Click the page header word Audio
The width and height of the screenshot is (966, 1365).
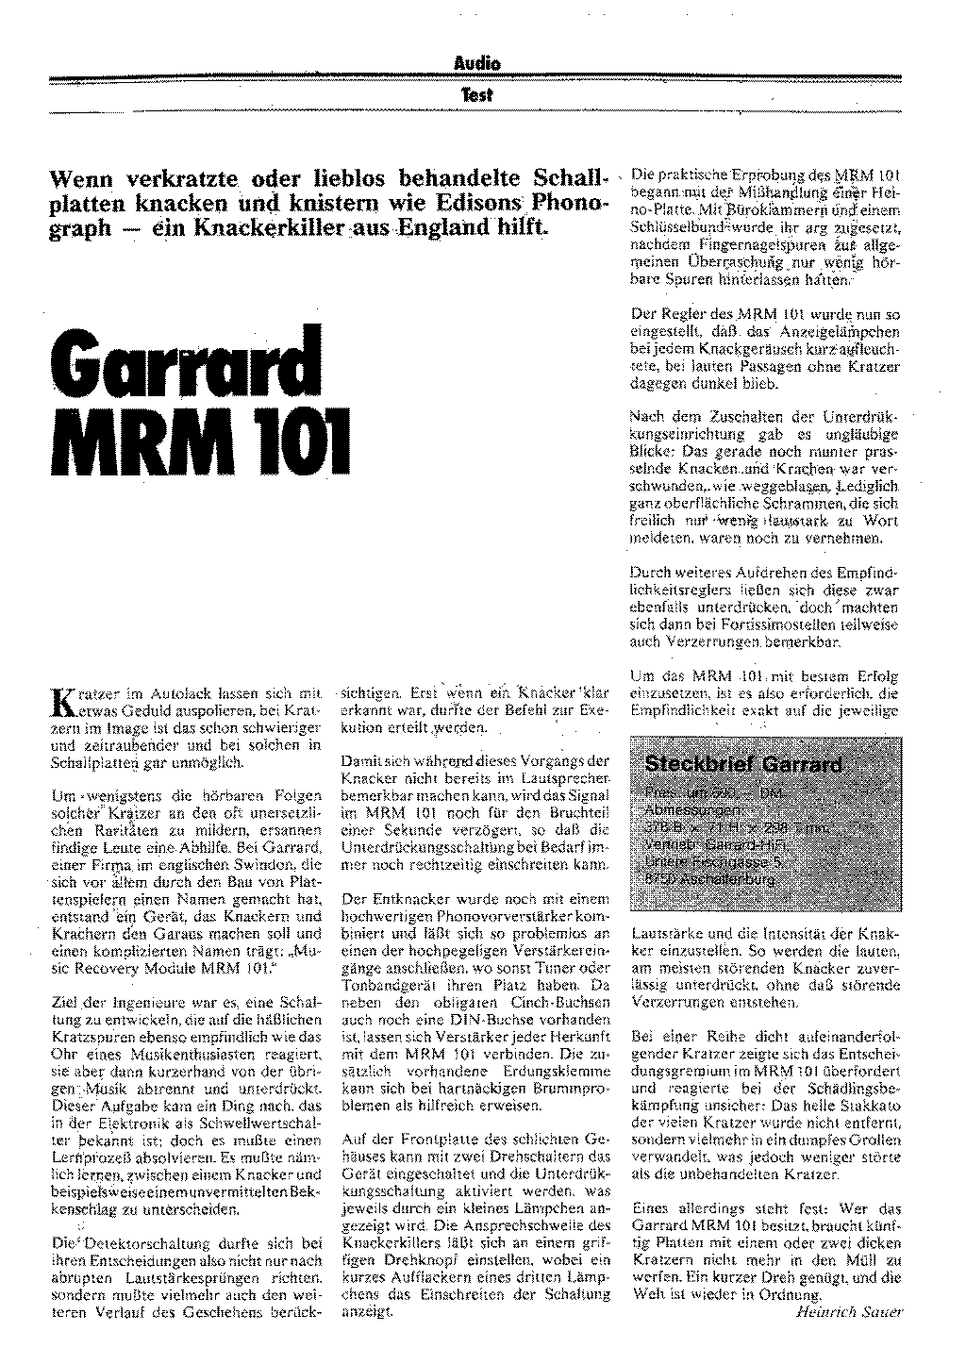(476, 64)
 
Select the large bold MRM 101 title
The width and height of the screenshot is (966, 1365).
(200, 439)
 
